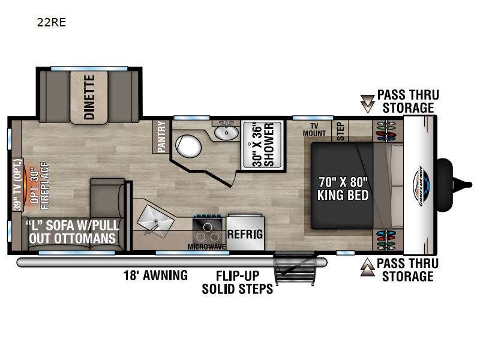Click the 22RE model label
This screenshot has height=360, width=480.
pos(51,22)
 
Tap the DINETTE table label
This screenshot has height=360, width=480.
pos(89,97)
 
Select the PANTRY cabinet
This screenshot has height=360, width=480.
pos(161,137)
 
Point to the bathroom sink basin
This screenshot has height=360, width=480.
pos(226,132)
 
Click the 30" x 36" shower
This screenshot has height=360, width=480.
pos(262,145)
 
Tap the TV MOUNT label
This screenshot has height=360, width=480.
pos(314,130)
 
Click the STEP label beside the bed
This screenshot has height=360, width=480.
pos(340,131)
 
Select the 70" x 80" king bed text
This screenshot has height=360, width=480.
pos(343,188)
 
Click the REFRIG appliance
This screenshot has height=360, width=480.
pos(245,233)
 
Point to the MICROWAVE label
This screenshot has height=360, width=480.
pos(206,247)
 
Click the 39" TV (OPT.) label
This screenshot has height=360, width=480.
pos(18,185)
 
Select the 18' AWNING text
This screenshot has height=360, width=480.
pos(155,275)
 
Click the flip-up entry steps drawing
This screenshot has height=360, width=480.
pos(295,269)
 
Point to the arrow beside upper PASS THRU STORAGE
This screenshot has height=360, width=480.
pos(367,103)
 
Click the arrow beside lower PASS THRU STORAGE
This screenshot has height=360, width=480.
pos(367,267)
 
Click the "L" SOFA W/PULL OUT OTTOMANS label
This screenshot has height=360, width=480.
pos(72,232)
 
